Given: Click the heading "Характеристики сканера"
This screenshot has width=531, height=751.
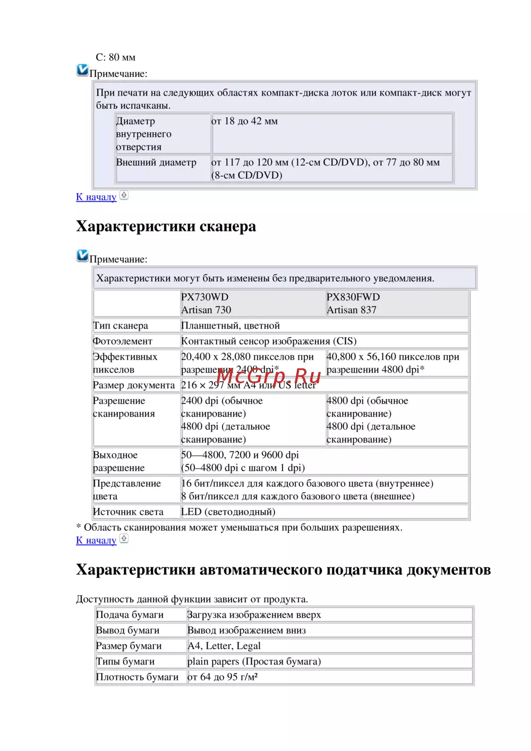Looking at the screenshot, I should [166, 227].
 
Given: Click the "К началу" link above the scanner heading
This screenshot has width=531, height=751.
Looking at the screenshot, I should [96, 197].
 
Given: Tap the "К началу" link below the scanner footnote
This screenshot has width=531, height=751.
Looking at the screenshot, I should [96, 540].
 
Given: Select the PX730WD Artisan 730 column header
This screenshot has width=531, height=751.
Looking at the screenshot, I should [206, 304].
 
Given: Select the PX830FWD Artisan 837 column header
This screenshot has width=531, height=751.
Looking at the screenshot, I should [353, 304].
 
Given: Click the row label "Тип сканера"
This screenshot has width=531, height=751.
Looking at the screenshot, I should [121, 325].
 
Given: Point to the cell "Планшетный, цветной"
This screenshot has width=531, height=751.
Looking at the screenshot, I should [230, 325].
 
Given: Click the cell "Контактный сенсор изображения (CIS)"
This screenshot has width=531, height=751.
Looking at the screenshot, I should [269, 341].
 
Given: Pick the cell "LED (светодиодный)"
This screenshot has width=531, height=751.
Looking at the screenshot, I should [228, 512].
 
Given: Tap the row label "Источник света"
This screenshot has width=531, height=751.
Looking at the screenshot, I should [128, 512].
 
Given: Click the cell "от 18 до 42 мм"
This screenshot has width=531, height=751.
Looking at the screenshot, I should [245, 121].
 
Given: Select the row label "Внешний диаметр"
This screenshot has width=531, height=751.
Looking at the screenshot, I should [156, 162].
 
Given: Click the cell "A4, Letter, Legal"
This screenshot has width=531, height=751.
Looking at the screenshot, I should [224, 646].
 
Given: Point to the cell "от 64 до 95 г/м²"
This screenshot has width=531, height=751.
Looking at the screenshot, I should [222, 677].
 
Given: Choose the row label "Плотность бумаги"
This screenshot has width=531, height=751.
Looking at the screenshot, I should [137, 677].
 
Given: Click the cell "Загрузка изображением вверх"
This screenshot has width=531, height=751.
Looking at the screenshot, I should [254, 615].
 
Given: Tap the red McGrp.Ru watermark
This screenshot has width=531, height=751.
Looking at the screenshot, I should [269, 376].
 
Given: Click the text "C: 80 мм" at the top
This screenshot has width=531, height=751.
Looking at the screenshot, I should [116, 57].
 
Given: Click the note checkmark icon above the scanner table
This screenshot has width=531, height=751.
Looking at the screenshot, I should [82, 255].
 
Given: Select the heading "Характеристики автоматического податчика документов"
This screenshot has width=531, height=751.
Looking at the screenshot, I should [283, 570].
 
